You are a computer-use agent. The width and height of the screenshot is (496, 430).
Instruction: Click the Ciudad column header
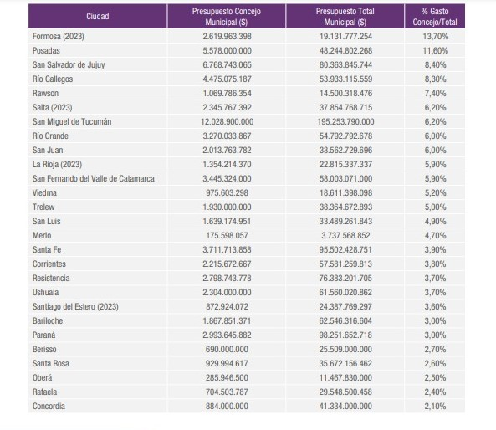98,17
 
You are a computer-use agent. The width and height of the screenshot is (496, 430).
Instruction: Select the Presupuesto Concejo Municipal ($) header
227,17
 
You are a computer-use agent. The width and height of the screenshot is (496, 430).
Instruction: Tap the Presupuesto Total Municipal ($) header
345,17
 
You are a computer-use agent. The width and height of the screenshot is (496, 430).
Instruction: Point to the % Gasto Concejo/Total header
435,17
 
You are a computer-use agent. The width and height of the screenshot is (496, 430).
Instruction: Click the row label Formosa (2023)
59,37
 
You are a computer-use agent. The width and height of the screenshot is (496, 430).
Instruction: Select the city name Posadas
46,51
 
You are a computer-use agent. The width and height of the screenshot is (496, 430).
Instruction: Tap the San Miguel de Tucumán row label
72,122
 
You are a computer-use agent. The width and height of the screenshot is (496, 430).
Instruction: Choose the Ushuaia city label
45,292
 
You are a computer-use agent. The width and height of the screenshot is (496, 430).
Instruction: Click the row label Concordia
49,406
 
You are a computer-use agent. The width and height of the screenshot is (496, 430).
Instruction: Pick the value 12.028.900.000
228,122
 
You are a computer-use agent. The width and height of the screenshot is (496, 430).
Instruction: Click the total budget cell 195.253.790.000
345,122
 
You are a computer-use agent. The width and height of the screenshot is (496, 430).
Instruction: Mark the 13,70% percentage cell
436,37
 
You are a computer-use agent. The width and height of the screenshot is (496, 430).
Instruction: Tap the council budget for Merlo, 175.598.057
228,235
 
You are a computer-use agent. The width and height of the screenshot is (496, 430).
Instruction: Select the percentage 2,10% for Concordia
435,406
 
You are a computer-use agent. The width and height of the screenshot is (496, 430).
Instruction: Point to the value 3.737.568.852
345,235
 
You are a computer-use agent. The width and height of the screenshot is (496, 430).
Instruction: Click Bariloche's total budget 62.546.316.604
345,321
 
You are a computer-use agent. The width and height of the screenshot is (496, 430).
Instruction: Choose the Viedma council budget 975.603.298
228,192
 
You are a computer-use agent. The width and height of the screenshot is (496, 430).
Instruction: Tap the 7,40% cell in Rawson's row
435,94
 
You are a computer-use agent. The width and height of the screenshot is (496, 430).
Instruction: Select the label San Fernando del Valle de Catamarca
94,179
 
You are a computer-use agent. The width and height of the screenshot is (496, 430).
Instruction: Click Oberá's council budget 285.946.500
228,377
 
